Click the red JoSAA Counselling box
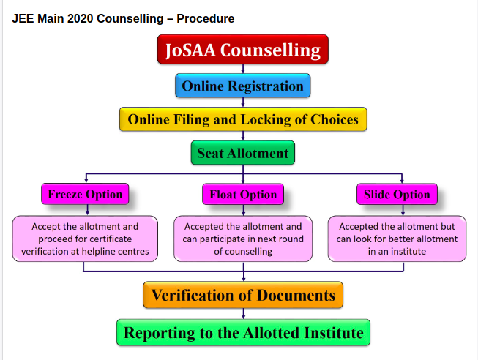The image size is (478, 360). coord(242,50)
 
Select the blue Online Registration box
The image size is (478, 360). coord(242,86)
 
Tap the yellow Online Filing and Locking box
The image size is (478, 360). coord(243,119)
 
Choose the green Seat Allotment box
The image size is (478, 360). coord(243,154)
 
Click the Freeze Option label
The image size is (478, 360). coord(86,195)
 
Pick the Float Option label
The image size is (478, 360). coord(243,195)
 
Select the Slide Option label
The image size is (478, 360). coord(397,195)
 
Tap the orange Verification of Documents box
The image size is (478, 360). coord(243,296)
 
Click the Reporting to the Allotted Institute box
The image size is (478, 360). coord(243,333)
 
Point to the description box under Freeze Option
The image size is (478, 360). coord(85,239)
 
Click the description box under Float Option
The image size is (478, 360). coord(243,239)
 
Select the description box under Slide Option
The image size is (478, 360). coord(397,239)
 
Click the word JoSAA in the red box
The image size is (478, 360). coord(191,50)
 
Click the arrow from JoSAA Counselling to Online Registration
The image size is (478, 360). coord(242,70)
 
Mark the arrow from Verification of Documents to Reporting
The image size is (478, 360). coord(243,314)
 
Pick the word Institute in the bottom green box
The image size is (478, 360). coord(332,333)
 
